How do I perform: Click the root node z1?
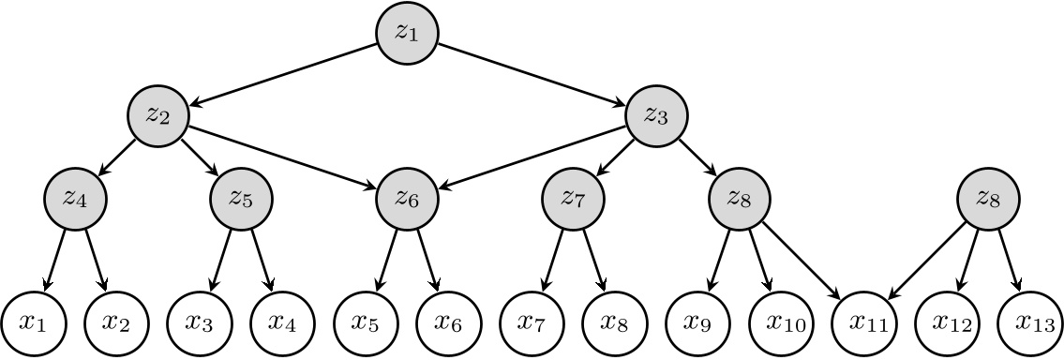tap(407, 32)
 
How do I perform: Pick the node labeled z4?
tap(75, 198)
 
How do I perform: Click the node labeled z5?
tap(241, 198)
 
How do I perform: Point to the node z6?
tap(407, 198)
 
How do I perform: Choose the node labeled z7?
tap(573, 198)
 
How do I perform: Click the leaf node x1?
tap(33, 322)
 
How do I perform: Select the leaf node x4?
tap(282, 322)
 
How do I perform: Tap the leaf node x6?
tap(448, 322)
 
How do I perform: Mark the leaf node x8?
tap(614, 322)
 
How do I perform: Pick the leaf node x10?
tap(780, 322)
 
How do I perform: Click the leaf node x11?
tap(863, 322)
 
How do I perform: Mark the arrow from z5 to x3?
tap(220, 259)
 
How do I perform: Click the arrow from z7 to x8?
tap(593, 259)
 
